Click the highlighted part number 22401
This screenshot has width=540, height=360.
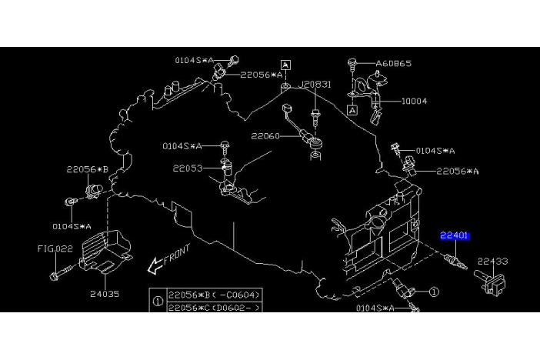click(x=455, y=235)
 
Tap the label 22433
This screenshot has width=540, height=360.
click(x=492, y=262)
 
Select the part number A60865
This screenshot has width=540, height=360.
click(x=393, y=63)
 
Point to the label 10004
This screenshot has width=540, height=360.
click(x=414, y=101)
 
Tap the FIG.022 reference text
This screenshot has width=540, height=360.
click(x=55, y=248)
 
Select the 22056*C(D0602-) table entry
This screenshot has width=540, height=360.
click(x=216, y=307)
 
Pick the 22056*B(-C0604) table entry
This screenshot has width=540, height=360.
click(x=216, y=294)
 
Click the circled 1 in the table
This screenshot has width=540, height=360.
click(x=158, y=301)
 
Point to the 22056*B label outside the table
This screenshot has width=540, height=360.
click(x=87, y=169)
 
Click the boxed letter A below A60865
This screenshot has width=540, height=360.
click(x=352, y=111)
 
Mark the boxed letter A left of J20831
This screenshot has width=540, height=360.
click(x=285, y=65)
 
